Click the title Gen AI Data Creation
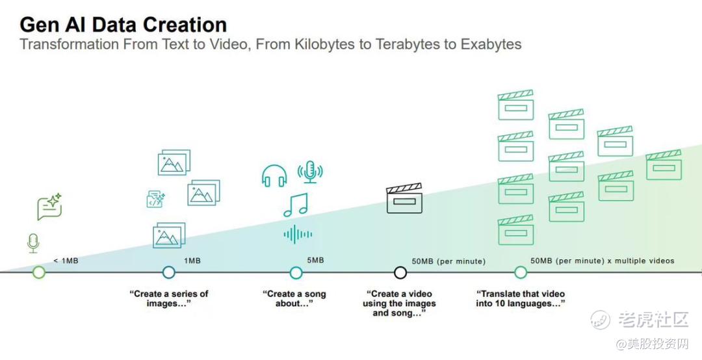(123, 25)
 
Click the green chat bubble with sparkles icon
(49, 207)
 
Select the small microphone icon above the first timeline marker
(33, 243)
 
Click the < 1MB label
(66, 261)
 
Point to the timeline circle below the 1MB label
(169, 272)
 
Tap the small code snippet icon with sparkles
(156, 199)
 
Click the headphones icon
(274, 175)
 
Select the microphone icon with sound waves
(310, 172)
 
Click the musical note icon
(296, 205)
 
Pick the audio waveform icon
(298, 234)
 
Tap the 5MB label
(315, 260)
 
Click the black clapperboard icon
(404, 198)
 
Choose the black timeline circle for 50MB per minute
(400, 272)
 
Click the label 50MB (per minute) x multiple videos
(602, 261)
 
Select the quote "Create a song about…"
(294, 299)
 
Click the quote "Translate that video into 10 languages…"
(520, 299)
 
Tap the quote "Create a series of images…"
(169, 299)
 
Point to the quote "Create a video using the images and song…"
(399, 303)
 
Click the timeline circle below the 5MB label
(296, 272)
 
